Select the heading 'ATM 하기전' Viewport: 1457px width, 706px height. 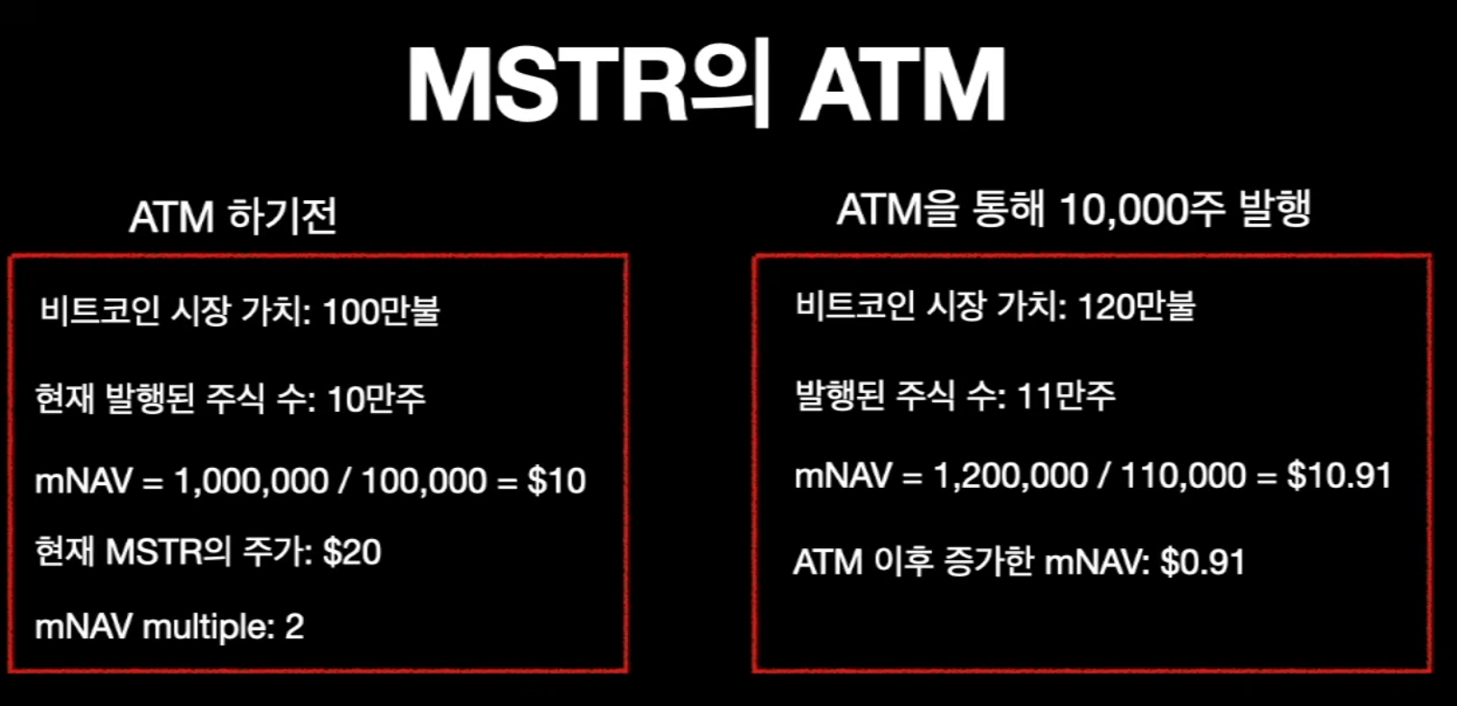coord(233,216)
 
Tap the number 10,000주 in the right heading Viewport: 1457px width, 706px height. coord(1142,210)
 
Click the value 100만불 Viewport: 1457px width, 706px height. coord(381,312)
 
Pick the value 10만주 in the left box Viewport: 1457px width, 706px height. coord(375,399)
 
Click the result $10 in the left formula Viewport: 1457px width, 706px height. coord(557,481)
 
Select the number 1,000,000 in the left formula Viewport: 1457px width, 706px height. coord(251,481)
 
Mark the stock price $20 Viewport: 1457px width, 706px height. coord(352,552)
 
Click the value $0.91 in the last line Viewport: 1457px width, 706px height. coord(1202,562)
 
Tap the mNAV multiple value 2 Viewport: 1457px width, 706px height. coord(294,626)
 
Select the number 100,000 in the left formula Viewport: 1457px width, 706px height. coord(424,481)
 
